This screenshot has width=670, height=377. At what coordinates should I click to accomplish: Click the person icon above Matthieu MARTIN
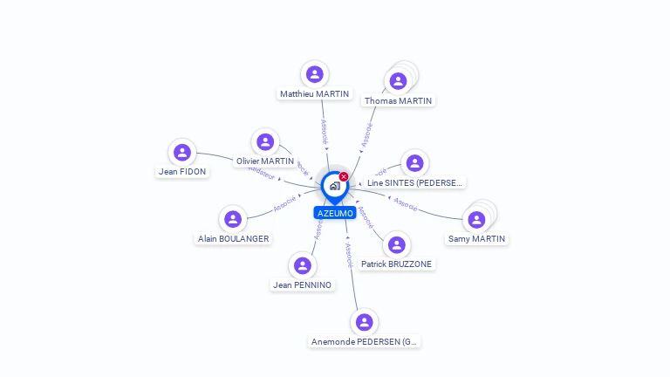click(x=315, y=74)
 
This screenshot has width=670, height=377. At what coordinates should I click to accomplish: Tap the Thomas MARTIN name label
click(x=399, y=100)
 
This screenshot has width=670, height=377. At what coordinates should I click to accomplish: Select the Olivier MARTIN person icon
click(x=265, y=141)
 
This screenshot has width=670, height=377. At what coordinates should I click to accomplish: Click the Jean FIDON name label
click(x=182, y=172)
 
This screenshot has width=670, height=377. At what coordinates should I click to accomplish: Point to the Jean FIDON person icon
click(x=182, y=152)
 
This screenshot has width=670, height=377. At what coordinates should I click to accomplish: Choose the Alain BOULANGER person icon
click(x=233, y=218)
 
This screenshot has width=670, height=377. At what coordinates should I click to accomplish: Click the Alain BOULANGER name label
click(x=233, y=238)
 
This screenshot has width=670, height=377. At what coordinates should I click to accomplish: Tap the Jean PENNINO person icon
click(x=302, y=265)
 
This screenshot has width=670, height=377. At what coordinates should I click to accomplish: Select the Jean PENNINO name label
click(x=302, y=285)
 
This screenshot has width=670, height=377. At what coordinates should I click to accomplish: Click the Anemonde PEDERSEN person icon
click(x=365, y=322)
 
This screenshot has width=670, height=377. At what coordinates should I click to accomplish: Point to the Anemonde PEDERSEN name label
click(x=365, y=342)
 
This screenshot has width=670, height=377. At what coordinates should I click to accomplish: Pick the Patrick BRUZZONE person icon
click(x=397, y=244)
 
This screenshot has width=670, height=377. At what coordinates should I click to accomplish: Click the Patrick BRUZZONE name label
click(x=397, y=264)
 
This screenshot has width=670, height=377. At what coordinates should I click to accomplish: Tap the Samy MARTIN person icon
click(x=476, y=219)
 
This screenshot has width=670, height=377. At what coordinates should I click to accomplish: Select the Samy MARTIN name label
click(x=476, y=239)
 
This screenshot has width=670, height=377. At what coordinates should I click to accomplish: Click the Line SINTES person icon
click(x=414, y=163)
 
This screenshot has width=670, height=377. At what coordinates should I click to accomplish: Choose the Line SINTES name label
click(x=415, y=183)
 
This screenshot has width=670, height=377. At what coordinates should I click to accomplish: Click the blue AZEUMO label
click(x=335, y=213)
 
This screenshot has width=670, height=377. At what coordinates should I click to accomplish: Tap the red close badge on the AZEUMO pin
click(x=344, y=177)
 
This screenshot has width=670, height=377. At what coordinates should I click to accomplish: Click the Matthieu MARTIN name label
click(x=315, y=94)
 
